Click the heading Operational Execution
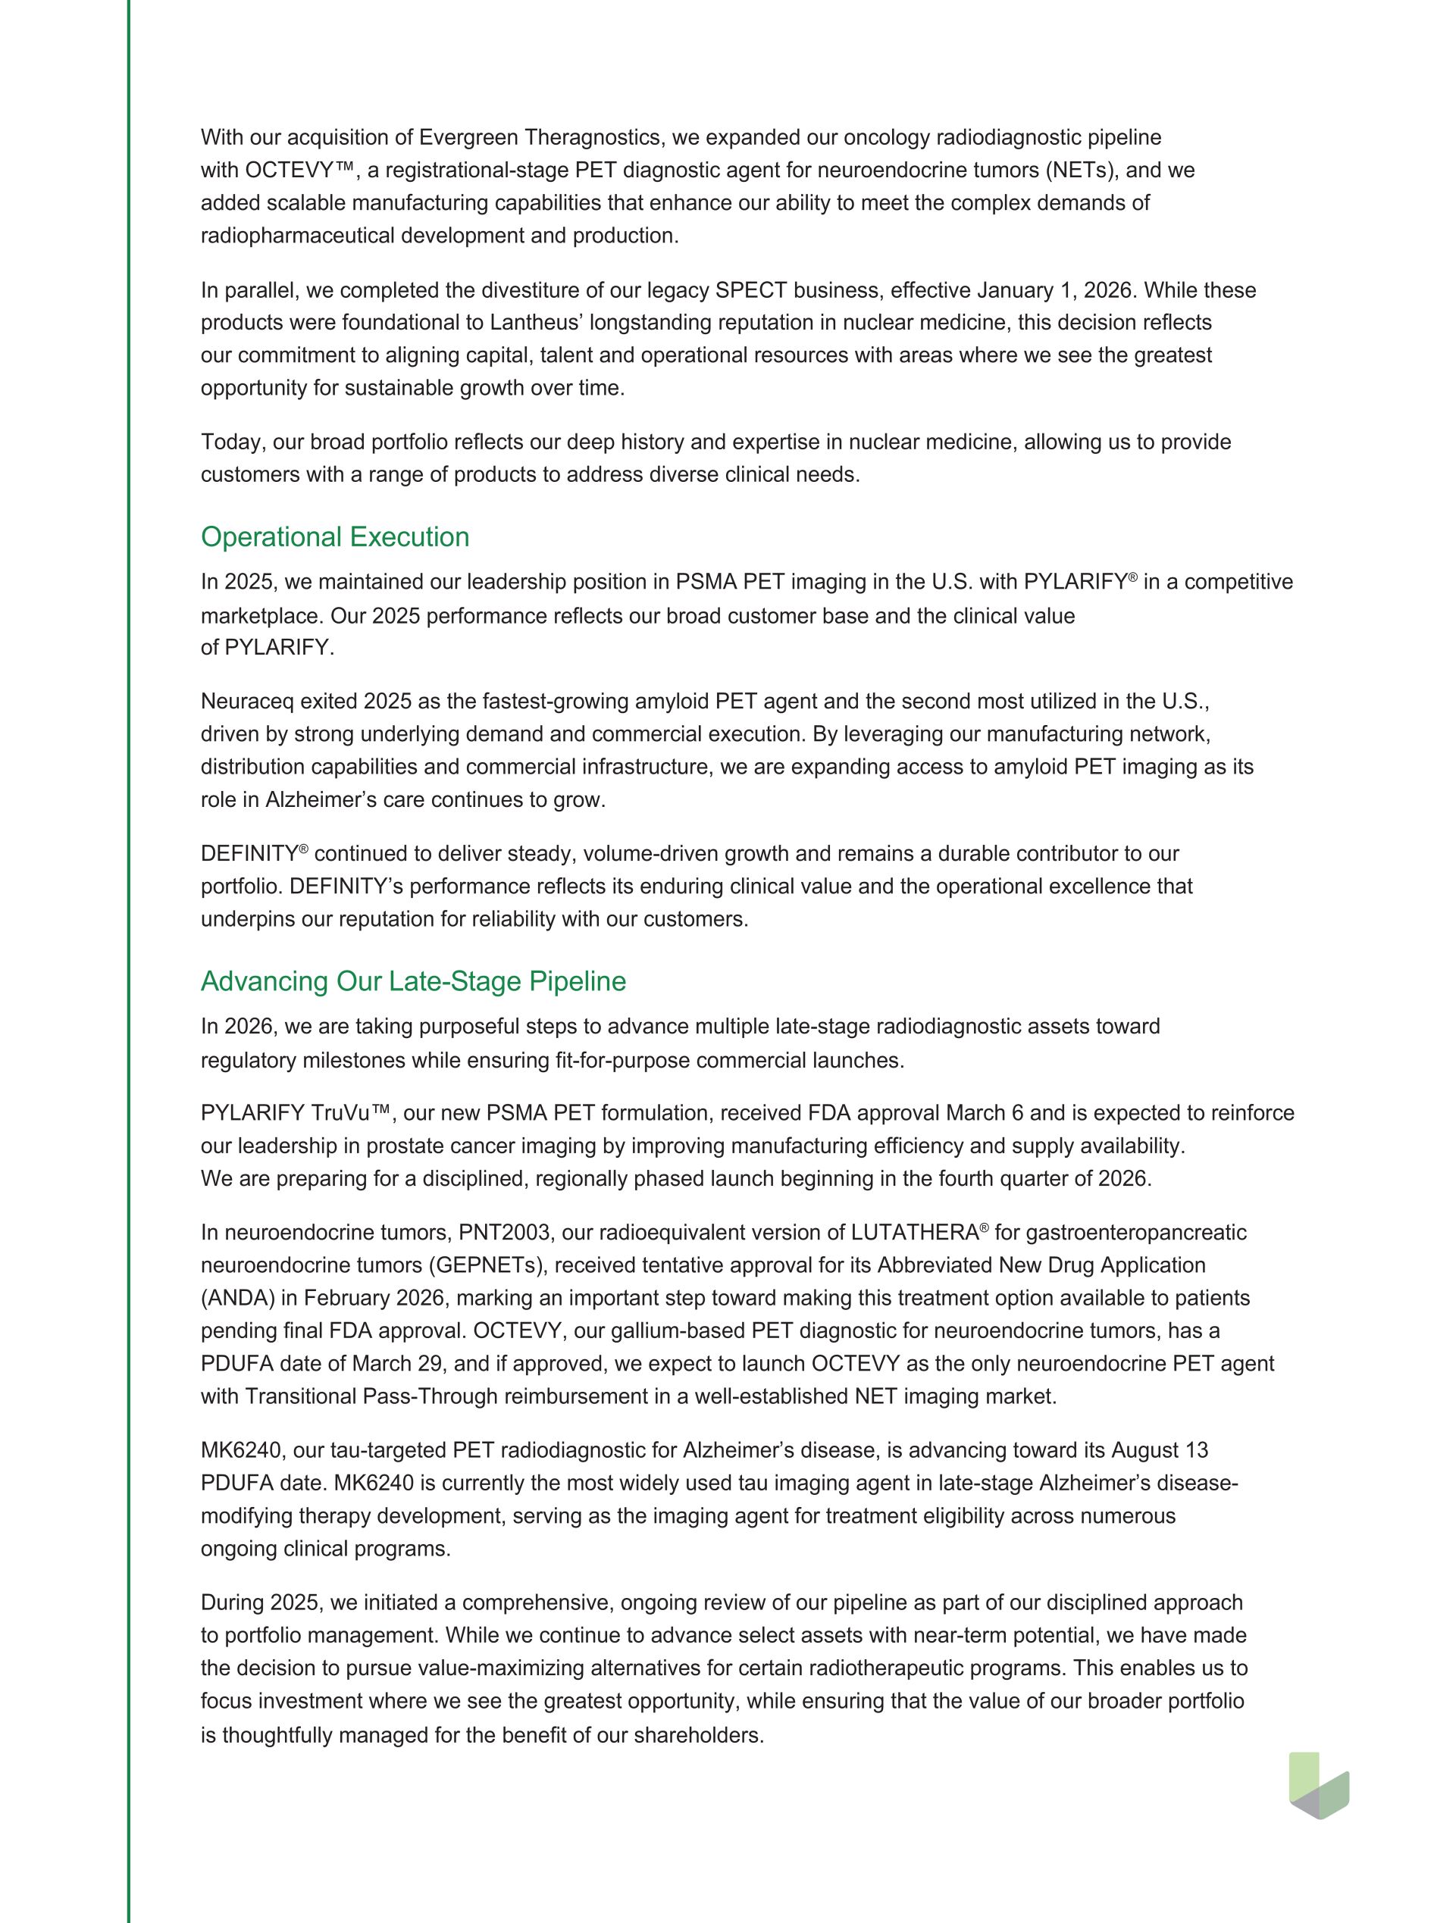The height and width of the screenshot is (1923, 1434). coord(335,537)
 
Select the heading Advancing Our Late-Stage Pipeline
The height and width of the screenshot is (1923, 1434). coord(413,981)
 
